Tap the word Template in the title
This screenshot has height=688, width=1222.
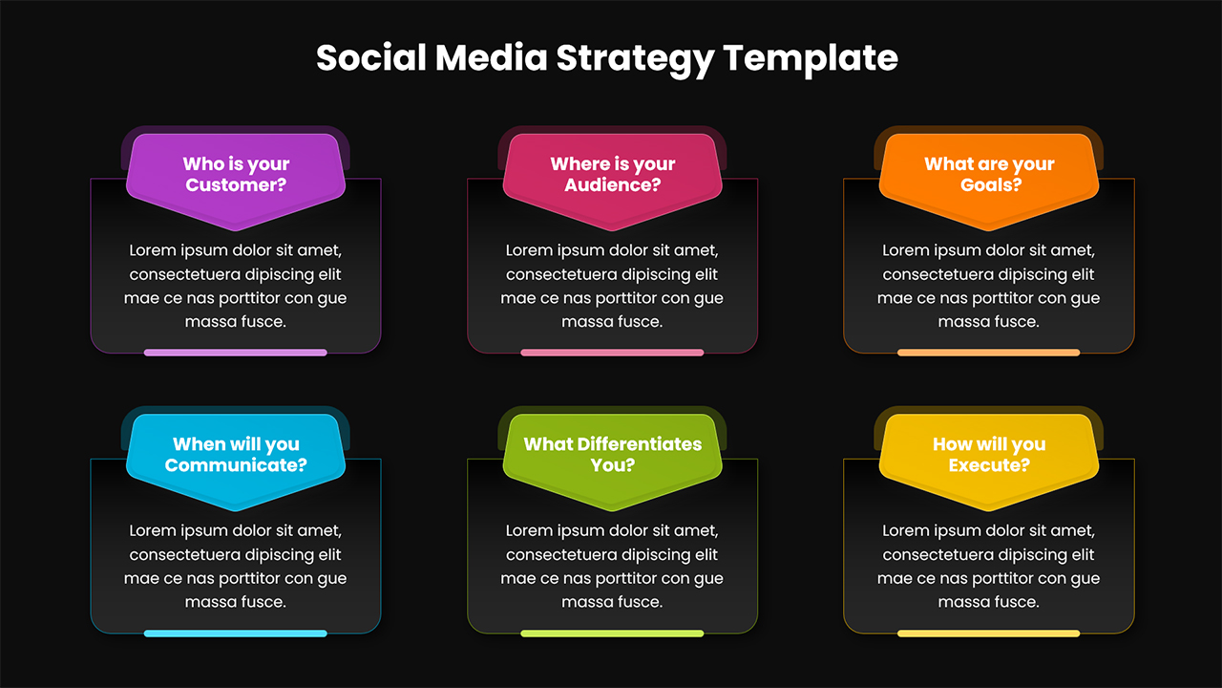tap(811, 59)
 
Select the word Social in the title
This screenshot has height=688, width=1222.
tap(371, 57)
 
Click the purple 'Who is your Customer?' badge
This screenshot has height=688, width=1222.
tap(236, 181)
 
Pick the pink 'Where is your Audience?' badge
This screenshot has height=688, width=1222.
tap(612, 181)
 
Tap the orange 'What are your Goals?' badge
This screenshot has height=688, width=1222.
tap(989, 181)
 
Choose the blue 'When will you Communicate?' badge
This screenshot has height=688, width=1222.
tap(236, 462)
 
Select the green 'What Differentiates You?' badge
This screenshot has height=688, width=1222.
tap(612, 462)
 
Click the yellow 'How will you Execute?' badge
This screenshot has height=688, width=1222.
tap(989, 462)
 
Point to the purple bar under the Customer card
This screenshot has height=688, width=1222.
tap(236, 353)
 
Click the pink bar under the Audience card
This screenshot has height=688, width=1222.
tap(612, 353)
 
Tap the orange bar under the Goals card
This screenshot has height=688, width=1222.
tap(988, 353)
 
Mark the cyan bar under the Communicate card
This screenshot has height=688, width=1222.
tap(236, 634)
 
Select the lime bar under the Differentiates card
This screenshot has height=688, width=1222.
tap(612, 634)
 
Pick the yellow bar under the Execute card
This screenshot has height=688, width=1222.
tap(988, 634)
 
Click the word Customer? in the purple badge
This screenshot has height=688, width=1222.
tap(236, 185)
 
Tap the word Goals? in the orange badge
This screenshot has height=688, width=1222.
tap(991, 185)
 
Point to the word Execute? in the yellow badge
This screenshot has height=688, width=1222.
tap(989, 465)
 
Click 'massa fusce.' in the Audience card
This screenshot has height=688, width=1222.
tap(612, 322)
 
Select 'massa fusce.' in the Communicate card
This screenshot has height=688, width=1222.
tap(236, 602)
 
